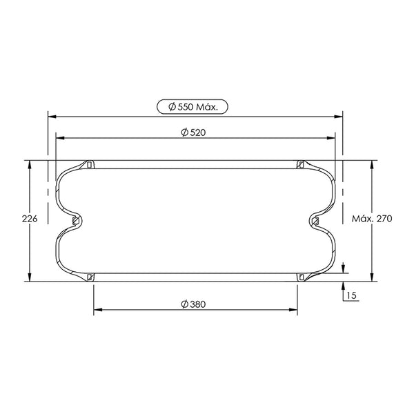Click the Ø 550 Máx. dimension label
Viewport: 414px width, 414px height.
[193, 107]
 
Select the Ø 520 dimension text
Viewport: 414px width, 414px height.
[193, 132]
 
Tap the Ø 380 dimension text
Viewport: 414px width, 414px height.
[193, 304]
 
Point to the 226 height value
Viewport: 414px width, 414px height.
[30, 219]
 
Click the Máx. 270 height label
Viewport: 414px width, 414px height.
[372, 219]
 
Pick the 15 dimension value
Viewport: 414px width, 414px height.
[351, 295]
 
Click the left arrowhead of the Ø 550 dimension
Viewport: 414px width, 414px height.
[52, 117]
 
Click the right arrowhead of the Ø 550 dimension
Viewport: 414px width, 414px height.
[339, 117]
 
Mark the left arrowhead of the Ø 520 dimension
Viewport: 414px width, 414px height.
[61, 138]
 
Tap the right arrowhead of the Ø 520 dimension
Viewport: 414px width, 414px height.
[331, 138]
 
